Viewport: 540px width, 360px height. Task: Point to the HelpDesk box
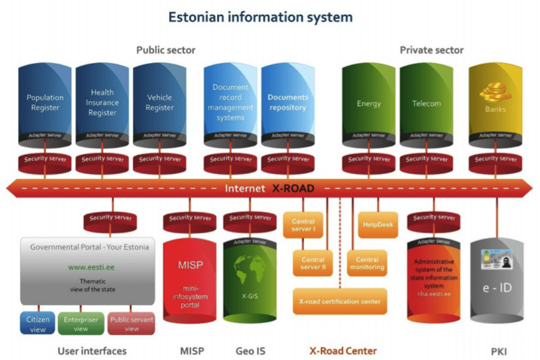click(378, 225)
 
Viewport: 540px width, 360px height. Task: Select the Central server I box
click(303, 225)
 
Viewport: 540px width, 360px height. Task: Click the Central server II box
click(313, 263)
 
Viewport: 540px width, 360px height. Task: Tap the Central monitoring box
click(367, 263)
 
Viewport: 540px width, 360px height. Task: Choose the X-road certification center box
click(340, 301)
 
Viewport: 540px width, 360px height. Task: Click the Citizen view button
click(37, 324)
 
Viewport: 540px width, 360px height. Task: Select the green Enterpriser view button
click(81, 324)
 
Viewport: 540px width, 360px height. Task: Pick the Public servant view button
click(131, 324)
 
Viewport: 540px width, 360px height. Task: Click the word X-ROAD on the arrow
click(293, 189)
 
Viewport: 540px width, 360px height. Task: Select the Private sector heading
click(432, 50)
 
